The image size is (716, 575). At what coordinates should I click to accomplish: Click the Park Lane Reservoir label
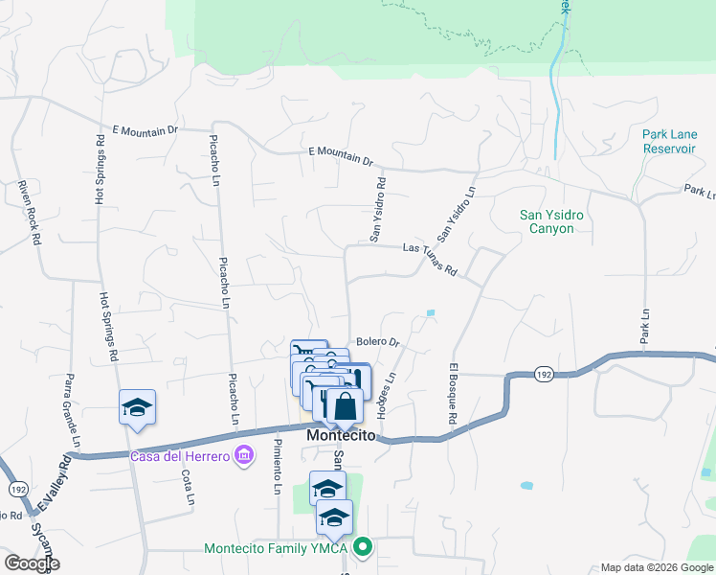point(668,142)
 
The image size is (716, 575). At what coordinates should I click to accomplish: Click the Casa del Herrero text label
point(180,456)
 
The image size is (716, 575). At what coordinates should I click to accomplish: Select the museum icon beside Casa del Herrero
point(244,453)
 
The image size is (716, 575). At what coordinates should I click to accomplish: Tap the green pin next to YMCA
point(362,548)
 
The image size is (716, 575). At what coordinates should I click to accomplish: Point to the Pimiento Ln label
point(277,466)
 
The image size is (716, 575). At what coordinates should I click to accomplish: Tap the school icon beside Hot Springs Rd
point(137,407)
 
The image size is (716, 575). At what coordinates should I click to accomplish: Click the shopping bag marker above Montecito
point(345,406)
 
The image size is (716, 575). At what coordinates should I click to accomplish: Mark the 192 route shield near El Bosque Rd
point(543,374)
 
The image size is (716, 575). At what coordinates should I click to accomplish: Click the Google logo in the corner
point(31,563)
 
